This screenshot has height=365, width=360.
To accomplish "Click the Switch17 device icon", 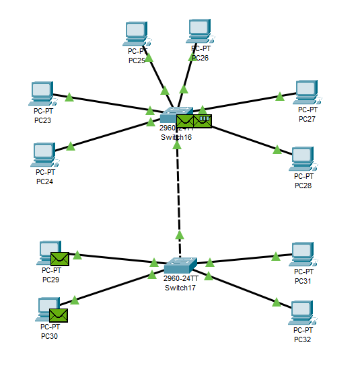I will point(180,266).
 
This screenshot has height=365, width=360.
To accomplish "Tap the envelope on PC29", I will point(60,258).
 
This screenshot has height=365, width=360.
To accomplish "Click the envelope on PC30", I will point(58,315).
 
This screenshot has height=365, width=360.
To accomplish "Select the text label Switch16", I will point(176,136).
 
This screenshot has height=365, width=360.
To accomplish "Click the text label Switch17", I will point(180,288).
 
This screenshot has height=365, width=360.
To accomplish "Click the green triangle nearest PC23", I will point(69,97).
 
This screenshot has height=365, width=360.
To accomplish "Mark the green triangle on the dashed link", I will point(180,235).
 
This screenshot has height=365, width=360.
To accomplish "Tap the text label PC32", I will point(303,339).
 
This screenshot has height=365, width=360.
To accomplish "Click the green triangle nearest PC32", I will point(276,302).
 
